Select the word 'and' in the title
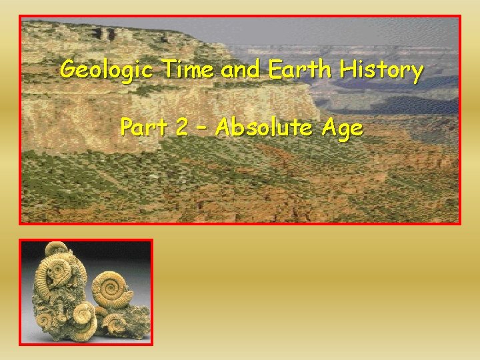[241, 69]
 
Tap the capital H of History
[347, 69]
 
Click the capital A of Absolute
[226, 126]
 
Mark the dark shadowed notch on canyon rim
[107, 33]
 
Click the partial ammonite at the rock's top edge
[57, 248]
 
